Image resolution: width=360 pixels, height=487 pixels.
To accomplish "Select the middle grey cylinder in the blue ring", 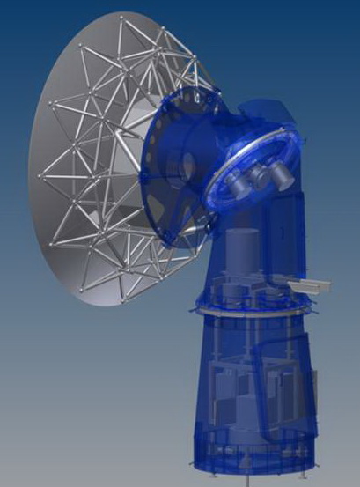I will [x=260, y=176].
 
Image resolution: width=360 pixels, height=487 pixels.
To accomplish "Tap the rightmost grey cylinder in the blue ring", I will [x=280, y=174].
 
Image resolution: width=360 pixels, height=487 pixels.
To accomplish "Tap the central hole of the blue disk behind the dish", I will [x=187, y=164].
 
